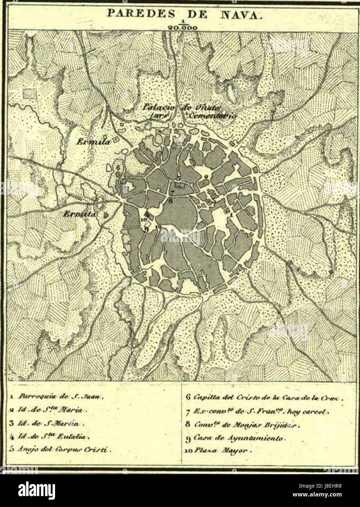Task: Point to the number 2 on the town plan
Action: [206, 177]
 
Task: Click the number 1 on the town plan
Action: [231, 215]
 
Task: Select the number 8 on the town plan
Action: [170, 200]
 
